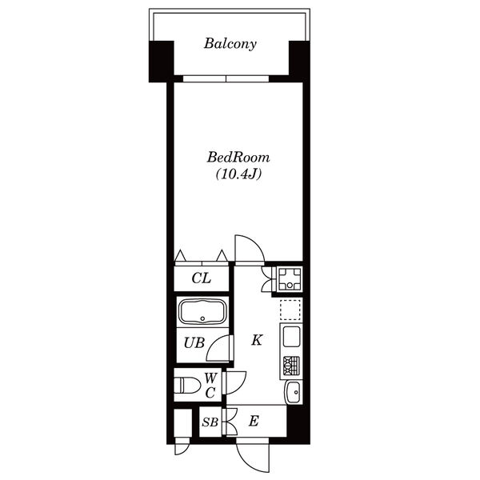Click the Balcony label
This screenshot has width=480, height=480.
[x=230, y=44]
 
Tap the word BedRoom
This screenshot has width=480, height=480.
[x=238, y=158]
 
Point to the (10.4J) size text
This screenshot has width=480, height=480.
[x=238, y=174]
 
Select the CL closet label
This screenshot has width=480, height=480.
[x=202, y=278]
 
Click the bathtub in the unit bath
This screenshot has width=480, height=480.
[x=202, y=312]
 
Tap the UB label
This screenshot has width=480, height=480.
[x=194, y=343]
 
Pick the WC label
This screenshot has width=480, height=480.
[x=210, y=386]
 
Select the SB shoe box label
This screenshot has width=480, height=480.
[x=210, y=422]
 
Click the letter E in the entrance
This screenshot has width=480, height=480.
[x=254, y=422]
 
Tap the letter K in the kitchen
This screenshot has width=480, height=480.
[x=257, y=340]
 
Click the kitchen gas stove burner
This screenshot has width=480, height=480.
[x=291, y=366]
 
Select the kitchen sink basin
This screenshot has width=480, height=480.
[x=291, y=337]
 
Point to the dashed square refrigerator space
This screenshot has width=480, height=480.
[x=290, y=310]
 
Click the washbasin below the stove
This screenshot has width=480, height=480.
[x=294, y=393]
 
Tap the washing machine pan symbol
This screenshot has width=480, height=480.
[x=290, y=279]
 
